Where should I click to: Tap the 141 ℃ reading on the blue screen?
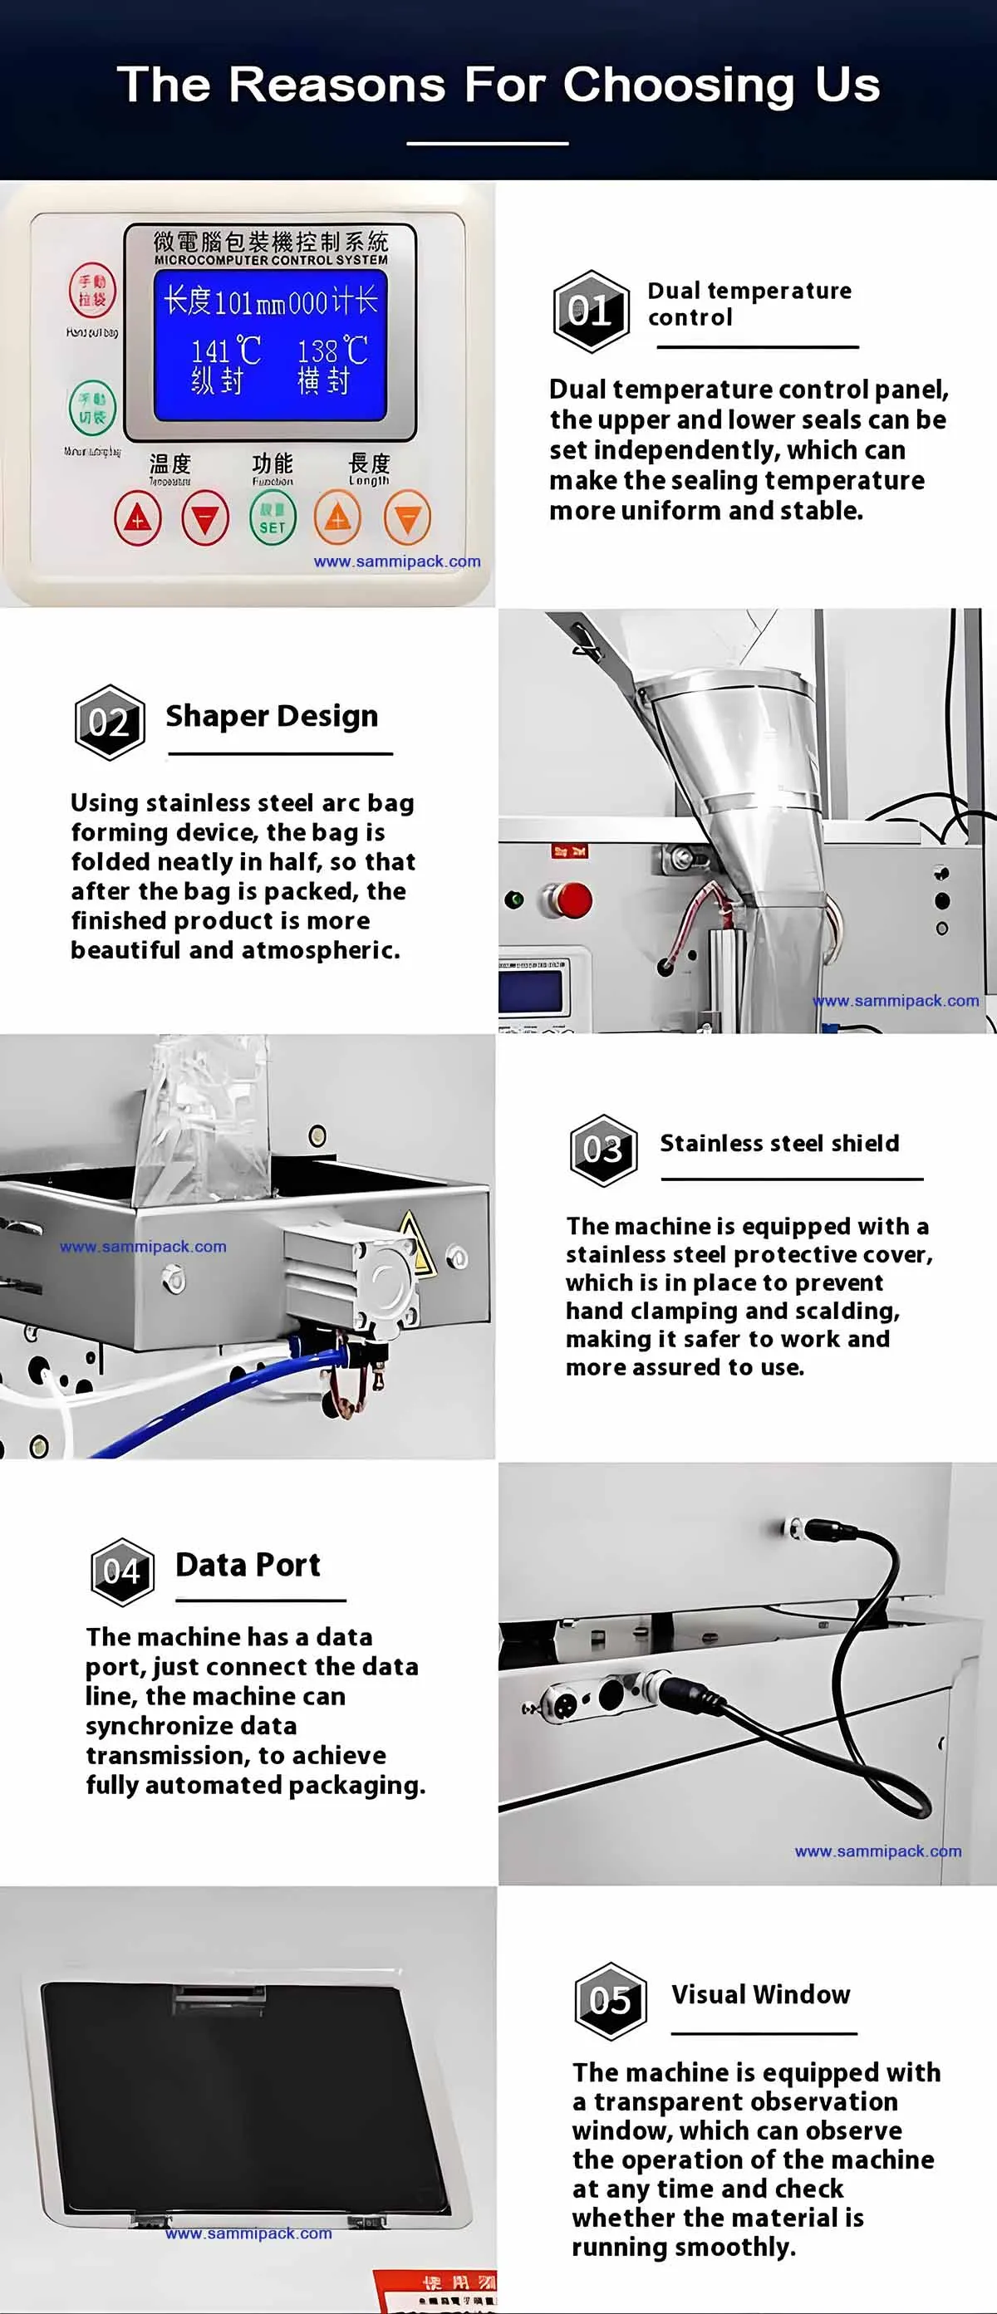point(225,351)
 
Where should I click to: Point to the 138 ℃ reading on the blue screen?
point(332,351)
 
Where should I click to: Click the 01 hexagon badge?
point(590,311)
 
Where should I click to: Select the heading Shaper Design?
point(271,716)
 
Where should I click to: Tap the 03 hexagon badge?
point(603,1150)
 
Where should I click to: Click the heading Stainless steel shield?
point(778,1143)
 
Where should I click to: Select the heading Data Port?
point(247,1565)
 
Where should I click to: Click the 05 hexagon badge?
point(610,2001)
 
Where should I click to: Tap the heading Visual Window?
point(760,1994)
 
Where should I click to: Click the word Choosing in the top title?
point(678,86)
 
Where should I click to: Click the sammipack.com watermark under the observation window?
point(248,2233)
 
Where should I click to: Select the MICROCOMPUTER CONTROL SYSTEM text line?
point(270,260)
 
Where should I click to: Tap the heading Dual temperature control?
point(749,304)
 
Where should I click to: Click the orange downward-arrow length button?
point(407,518)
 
